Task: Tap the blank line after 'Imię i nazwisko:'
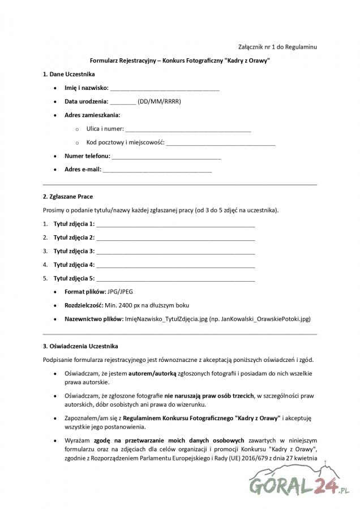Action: (x=165, y=89)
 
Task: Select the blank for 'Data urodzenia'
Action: (x=123, y=102)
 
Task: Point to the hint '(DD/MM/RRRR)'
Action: (x=160, y=102)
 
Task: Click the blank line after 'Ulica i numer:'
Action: (x=188, y=130)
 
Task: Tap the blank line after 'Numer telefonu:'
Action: (x=166, y=157)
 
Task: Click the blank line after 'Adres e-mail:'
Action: (x=157, y=170)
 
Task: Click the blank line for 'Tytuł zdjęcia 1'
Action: (x=175, y=225)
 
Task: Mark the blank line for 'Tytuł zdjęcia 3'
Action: (x=175, y=251)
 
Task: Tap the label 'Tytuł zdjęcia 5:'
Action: (x=74, y=278)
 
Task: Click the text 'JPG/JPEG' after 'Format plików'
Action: (x=121, y=292)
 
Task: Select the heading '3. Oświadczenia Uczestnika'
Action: (x=80, y=346)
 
